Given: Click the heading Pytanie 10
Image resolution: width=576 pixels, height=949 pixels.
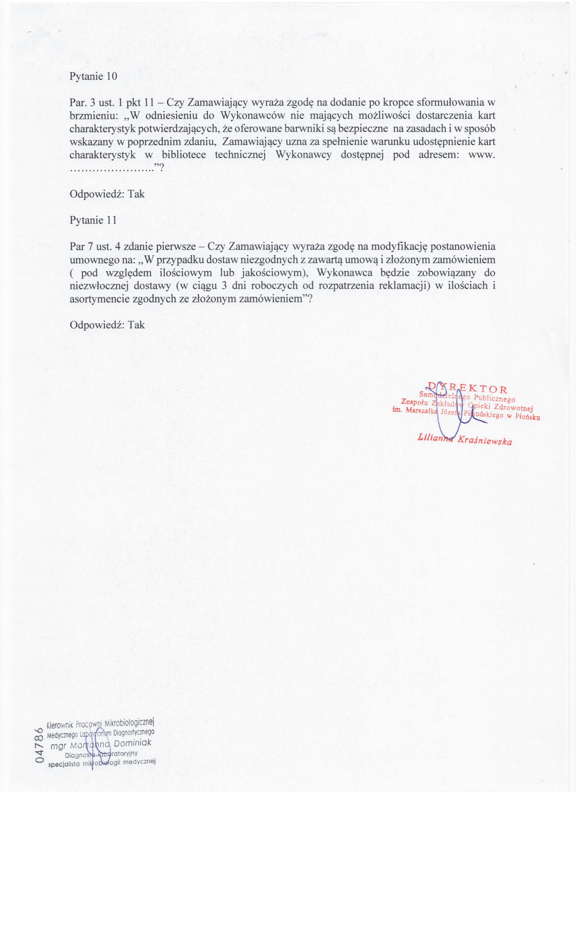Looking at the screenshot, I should pos(93,76).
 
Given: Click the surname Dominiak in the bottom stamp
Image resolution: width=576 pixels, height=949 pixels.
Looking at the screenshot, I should pos(132,742).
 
